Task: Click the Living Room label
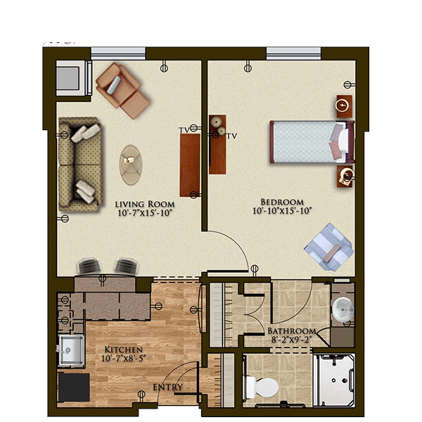point(145,204)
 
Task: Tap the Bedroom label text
point(282,202)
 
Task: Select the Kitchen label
point(123,350)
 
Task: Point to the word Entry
point(168,388)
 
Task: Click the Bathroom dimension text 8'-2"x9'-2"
point(291,340)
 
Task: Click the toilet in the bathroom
point(260,388)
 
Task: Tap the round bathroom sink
point(343,309)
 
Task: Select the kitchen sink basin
point(71,350)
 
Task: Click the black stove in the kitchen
point(74,388)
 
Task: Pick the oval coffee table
point(131,165)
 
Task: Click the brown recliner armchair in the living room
point(122,90)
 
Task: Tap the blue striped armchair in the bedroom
point(329,247)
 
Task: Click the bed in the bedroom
point(312,142)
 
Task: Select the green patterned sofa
point(80,164)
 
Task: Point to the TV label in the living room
point(184,130)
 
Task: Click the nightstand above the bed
point(344,106)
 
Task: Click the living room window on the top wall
point(118,53)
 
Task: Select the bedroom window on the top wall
point(293,53)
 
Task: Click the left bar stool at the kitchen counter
point(89,266)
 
